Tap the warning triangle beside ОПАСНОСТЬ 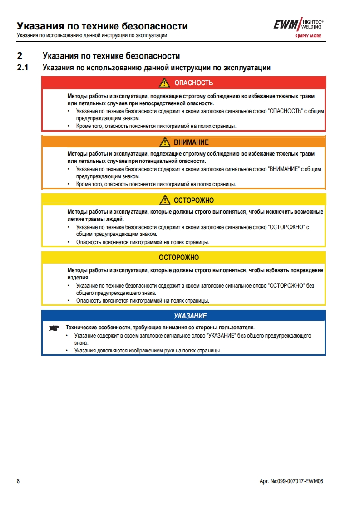coord(164,83)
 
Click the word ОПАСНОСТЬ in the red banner coord(194,83)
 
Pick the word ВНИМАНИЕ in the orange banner coord(191,142)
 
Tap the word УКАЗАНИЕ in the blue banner coord(190,316)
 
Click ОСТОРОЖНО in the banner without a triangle coord(179,258)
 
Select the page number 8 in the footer coord(18,481)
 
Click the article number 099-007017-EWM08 coord(298,481)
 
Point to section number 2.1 coord(22,68)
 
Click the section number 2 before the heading coord(19,56)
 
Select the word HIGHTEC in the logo coord(311,22)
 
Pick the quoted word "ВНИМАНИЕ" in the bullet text coord(285,169)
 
